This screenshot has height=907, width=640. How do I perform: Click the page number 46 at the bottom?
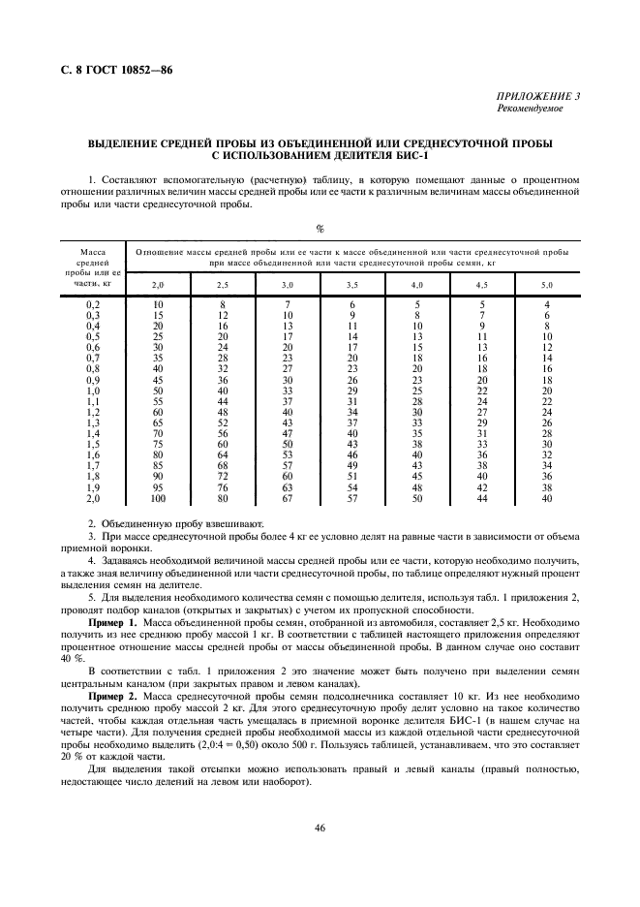click(319, 827)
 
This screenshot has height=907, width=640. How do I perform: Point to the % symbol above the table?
click(319, 228)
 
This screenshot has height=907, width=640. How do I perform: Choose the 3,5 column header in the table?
click(351, 286)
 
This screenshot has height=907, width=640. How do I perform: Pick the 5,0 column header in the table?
click(546, 286)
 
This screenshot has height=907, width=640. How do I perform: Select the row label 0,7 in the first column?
click(94, 358)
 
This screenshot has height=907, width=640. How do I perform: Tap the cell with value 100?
click(158, 498)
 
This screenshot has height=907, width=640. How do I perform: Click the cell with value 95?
click(158, 487)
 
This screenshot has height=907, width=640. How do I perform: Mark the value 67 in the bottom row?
click(287, 498)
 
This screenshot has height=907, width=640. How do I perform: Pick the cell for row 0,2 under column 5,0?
click(547, 306)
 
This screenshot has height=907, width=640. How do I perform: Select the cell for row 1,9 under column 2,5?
click(222, 487)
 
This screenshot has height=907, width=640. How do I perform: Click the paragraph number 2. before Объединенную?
click(91, 523)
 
